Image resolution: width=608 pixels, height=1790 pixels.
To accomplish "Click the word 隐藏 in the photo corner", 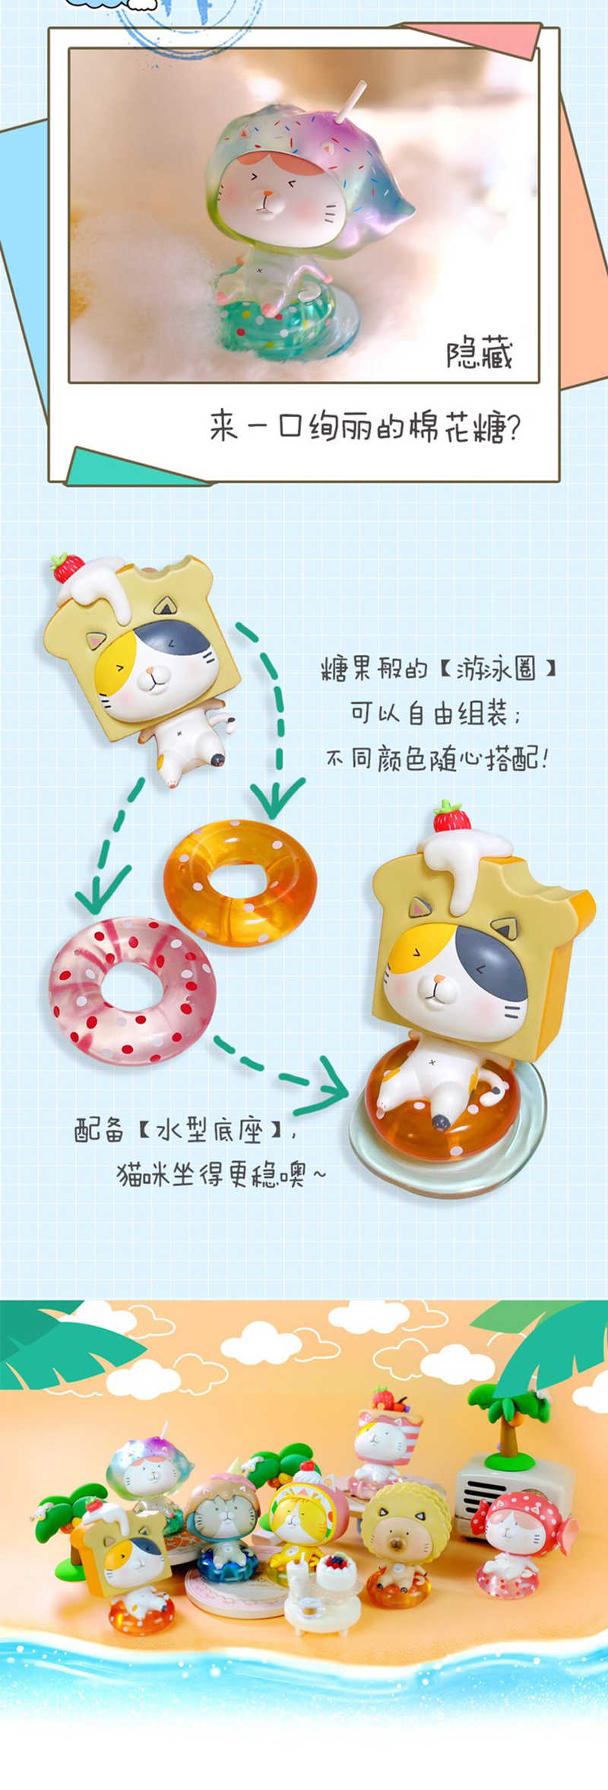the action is point(480,354).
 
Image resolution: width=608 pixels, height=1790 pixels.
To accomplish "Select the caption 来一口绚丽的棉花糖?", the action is point(366,427).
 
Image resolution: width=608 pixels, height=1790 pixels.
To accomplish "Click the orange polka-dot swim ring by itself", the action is point(240,883).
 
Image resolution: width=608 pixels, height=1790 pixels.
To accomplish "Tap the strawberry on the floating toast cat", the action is point(68,567).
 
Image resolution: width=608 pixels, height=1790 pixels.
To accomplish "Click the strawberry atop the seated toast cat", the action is point(451,816).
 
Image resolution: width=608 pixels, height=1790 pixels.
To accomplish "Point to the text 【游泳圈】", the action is point(498,669).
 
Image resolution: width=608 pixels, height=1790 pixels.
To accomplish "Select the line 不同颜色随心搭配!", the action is point(438,759).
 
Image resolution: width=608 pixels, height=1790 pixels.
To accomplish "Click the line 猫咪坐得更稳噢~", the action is point(221,1175).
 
